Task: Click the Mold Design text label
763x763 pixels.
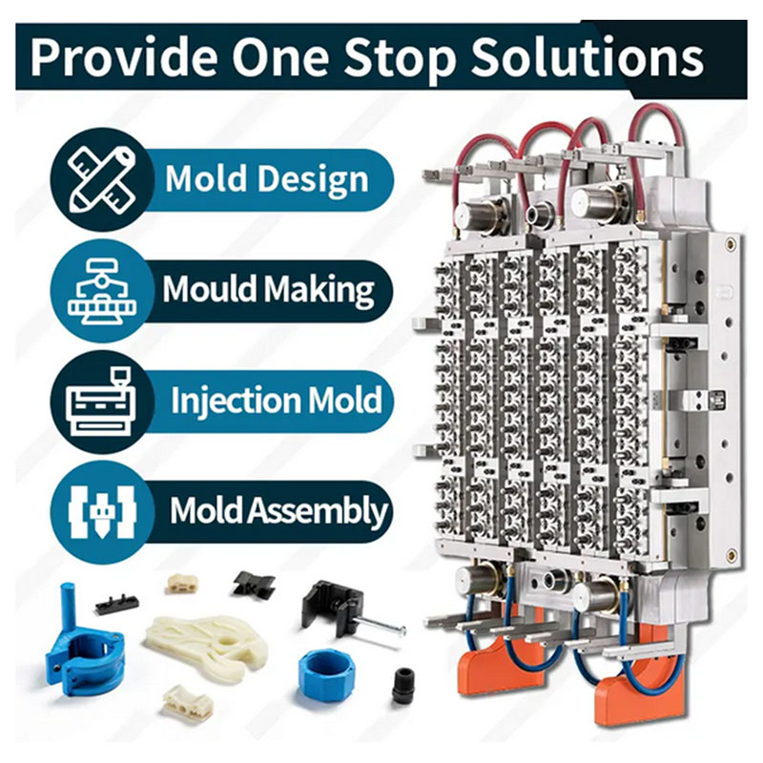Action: [x=267, y=179]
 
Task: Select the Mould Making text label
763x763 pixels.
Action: [x=268, y=289]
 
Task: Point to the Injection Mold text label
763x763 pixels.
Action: [x=277, y=400]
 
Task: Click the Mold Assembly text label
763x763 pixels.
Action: [x=278, y=510]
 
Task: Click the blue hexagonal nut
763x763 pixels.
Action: [x=326, y=674]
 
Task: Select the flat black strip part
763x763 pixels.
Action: [x=116, y=604]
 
